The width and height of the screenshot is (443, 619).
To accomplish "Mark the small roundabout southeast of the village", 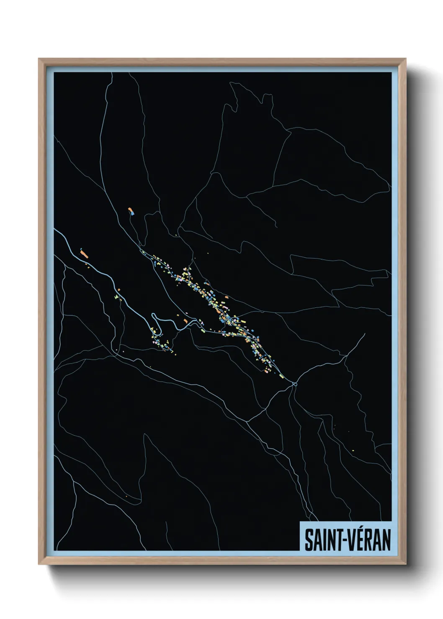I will (x=295, y=384).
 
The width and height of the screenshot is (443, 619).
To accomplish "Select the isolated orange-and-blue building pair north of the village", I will (x=131, y=211).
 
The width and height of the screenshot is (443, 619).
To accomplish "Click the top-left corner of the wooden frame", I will (x=39, y=59).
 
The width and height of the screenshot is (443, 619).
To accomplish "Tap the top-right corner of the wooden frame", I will (x=406, y=59).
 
